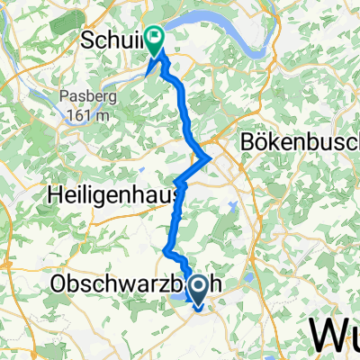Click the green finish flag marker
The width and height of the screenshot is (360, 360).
(156, 40)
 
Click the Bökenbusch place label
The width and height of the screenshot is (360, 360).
(300, 143)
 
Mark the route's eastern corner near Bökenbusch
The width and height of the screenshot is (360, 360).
(211, 159)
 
